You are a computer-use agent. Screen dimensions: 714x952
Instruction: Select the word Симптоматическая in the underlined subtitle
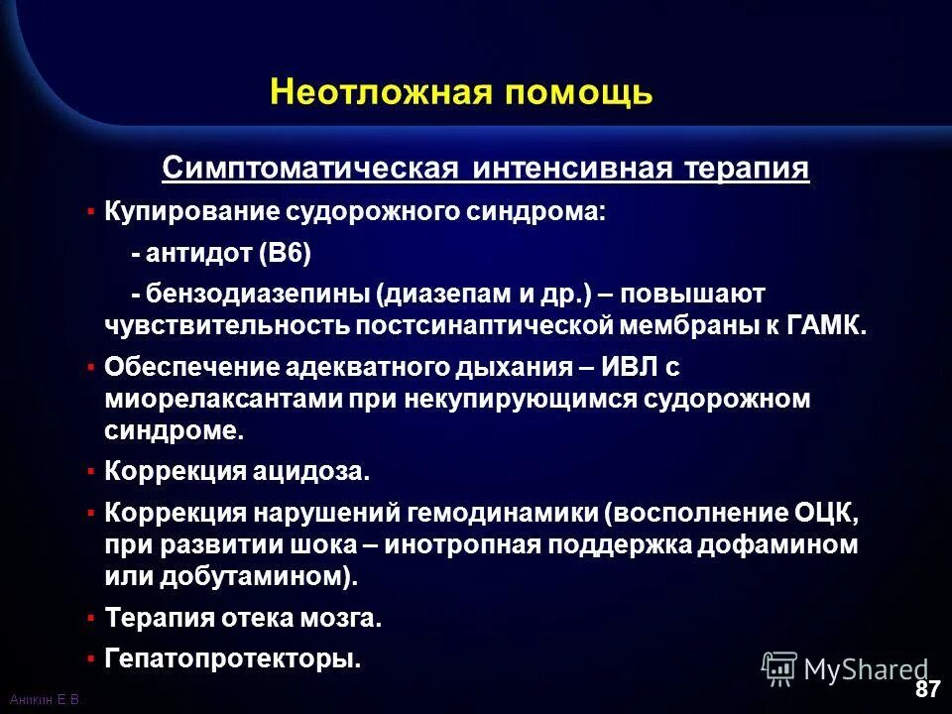pos(309,169)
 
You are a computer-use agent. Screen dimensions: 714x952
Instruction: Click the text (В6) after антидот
pos(285,254)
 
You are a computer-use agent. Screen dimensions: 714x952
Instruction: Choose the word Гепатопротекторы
pos(232,657)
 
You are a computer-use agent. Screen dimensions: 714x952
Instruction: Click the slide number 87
pos(926,688)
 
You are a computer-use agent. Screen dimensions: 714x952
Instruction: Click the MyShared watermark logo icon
pos(779,668)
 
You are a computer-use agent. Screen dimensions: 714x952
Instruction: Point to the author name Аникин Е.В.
pos(43,700)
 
